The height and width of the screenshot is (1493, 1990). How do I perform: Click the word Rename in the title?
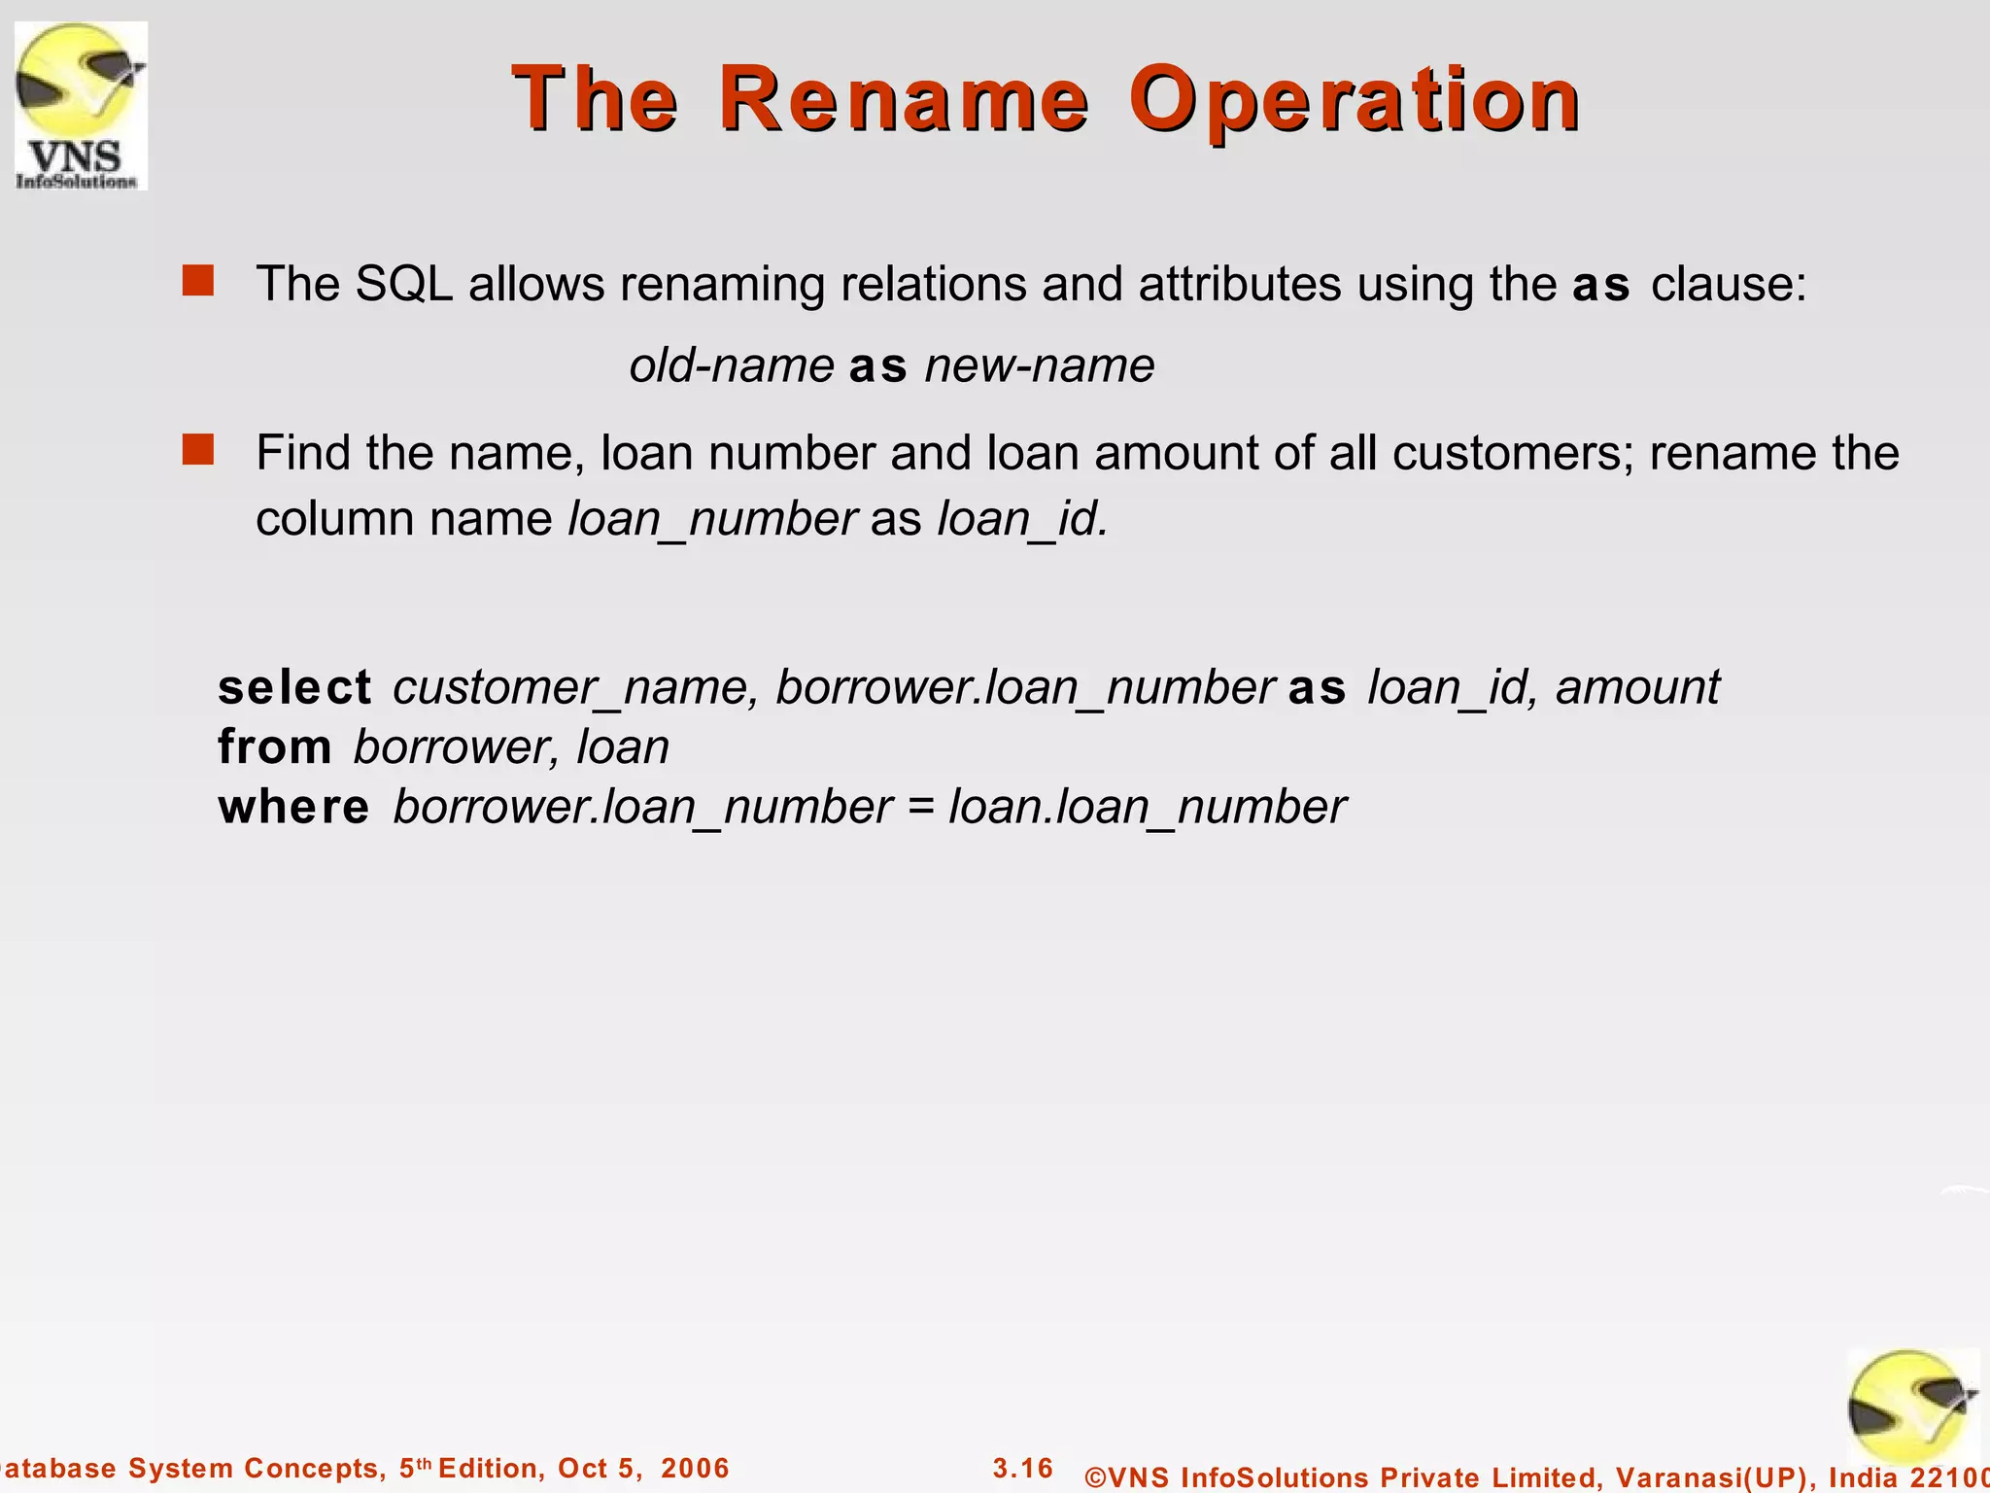[904, 99]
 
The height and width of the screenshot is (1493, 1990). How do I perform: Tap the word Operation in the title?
[1355, 101]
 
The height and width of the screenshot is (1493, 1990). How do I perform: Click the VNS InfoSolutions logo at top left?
[81, 106]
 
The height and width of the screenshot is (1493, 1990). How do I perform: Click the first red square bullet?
[198, 281]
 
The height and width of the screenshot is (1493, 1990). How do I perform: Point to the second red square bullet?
[198, 450]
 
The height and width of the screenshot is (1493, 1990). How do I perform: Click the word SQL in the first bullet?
[403, 284]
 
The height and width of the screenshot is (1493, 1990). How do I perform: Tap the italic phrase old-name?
[731, 366]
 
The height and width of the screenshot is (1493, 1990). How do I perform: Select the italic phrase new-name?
[1039, 366]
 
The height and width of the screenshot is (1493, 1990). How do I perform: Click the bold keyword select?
[294, 687]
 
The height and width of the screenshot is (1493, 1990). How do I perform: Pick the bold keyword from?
[275, 747]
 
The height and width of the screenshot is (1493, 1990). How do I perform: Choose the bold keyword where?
[293, 808]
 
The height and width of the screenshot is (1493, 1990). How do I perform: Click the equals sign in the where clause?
[920, 808]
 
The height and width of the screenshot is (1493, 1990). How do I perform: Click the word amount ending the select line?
[1637, 687]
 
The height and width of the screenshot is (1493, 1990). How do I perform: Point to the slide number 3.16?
[1023, 1468]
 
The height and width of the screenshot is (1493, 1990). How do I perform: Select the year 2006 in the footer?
[695, 1468]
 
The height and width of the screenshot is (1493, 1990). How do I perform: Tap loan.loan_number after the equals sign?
[1147, 808]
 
